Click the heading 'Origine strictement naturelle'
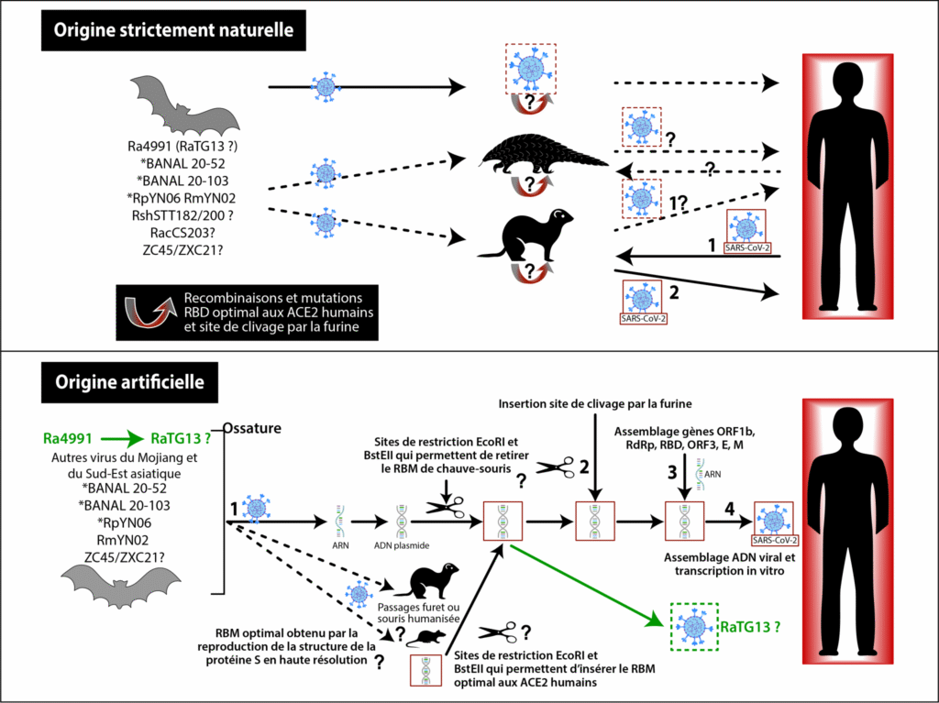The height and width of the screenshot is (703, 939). tap(173, 30)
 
